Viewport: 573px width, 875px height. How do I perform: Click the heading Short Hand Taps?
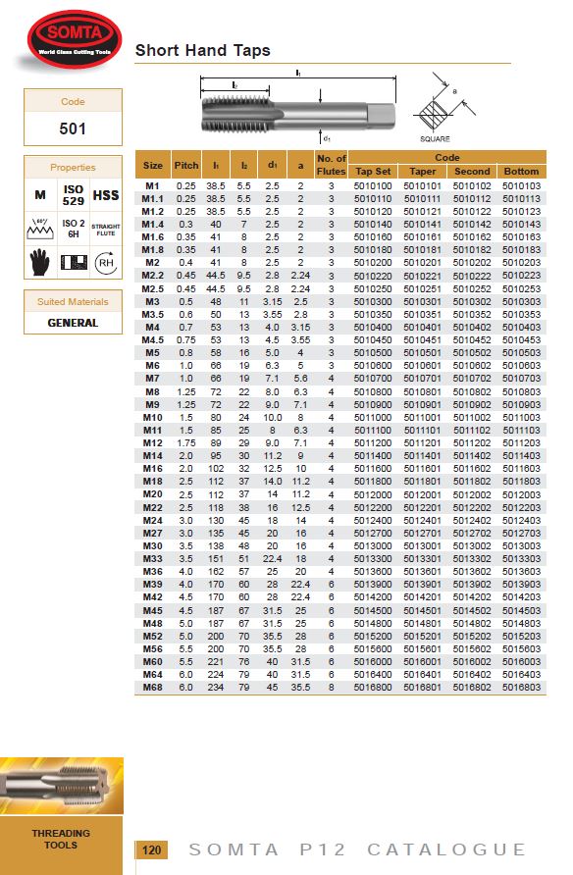click(x=202, y=50)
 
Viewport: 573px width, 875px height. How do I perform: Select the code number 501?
click(x=73, y=129)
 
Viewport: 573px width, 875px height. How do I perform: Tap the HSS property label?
click(x=106, y=196)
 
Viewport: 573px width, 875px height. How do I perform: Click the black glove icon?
click(x=39, y=261)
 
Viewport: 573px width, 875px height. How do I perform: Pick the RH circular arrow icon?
click(x=106, y=262)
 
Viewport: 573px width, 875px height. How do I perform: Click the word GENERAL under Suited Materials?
click(x=73, y=323)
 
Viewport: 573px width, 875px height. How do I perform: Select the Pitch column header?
click(x=185, y=165)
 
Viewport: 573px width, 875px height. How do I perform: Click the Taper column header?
click(x=423, y=172)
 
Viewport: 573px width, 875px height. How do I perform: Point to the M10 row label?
click(x=153, y=416)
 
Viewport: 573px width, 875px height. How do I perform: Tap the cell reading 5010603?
click(x=521, y=365)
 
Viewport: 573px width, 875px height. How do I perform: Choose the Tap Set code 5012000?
click(x=373, y=493)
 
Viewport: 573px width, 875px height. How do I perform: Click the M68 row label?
click(x=153, y=687)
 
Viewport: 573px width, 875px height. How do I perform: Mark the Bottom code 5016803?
click(x=521, y=687)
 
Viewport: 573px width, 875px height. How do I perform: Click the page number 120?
click(x=151, y=850)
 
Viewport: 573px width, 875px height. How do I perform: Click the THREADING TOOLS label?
click(x=61, y=839)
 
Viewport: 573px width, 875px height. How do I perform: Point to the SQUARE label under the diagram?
click(x=435, y=139)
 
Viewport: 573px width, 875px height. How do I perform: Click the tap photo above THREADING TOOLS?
click(x=61, y=785)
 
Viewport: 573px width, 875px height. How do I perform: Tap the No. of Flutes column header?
click(x=331, y=165)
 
